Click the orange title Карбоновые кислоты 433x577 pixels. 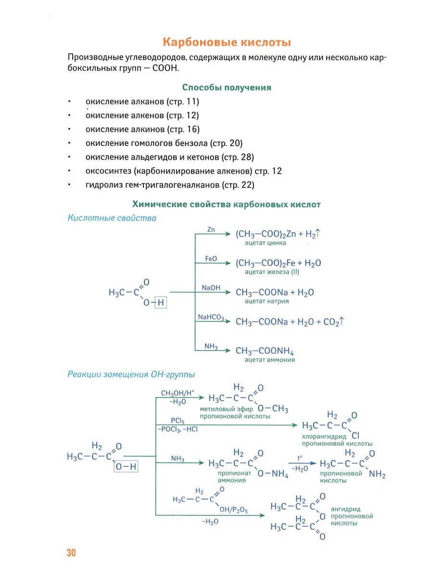(x=227, y=42)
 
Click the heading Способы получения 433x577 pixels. (x=227, y=88)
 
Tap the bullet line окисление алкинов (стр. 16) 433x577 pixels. (x=142, y=129)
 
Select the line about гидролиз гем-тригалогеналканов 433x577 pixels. (x=170, y=185)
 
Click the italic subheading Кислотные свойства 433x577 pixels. (x=112, y=218)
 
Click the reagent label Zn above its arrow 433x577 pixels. (x=211, y=229)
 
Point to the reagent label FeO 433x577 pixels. (x=211, y=259)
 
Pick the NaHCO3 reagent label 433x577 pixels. (x=211, y=317)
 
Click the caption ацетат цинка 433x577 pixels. (x=265, y=243)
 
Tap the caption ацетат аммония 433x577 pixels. (x=269, y=360)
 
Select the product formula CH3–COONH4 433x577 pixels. (x=265, y=351)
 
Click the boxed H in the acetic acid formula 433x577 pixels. (x=161, y=303)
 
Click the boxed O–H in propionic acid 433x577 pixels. (x=126, y=466)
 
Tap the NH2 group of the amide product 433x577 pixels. (x=377, y=475)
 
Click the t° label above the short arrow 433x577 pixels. (x=300, y=458)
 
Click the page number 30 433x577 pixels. (x=71, y=553)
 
